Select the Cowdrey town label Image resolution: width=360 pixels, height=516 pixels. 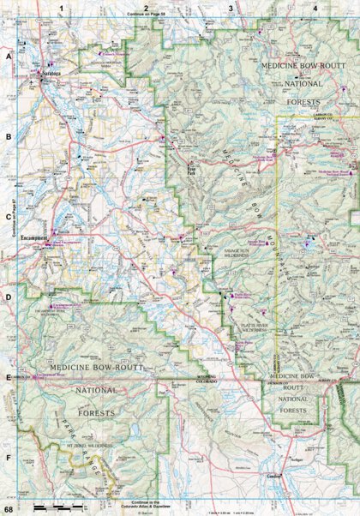pos(273,476)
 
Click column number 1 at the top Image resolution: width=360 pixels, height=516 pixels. pos(62,7)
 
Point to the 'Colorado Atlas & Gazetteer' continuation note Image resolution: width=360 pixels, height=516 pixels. pos(147,504)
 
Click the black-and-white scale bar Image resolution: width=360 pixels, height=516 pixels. pos(57,508)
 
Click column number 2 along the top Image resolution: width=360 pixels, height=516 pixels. pos(147,7)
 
